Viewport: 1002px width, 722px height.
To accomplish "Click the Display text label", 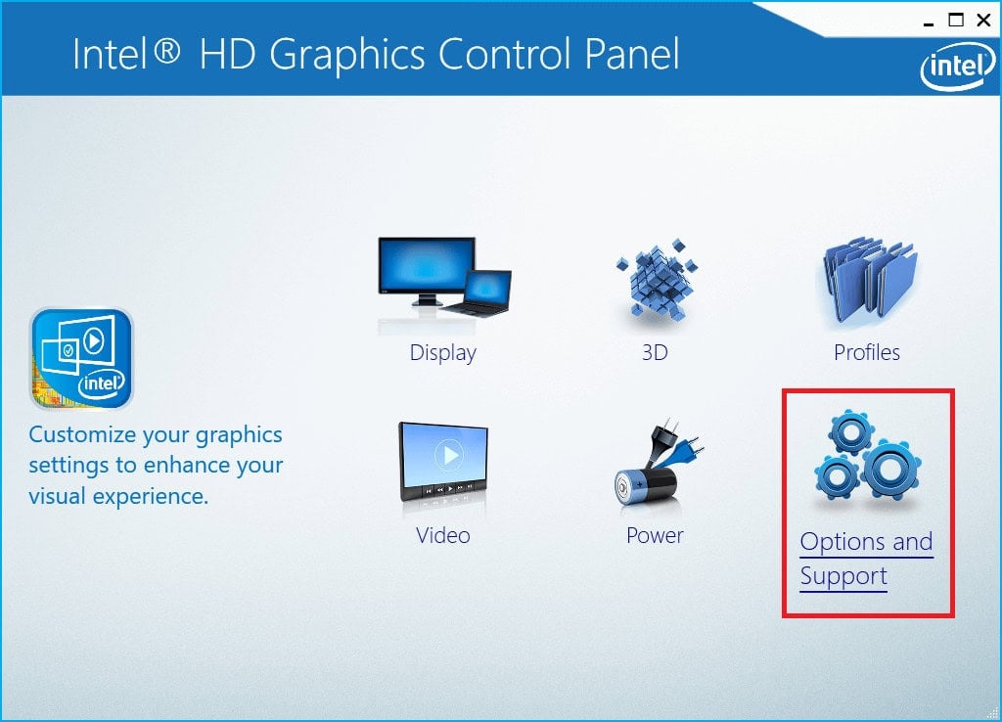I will pos(443,352).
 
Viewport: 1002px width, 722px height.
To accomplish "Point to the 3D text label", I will pos(655,352).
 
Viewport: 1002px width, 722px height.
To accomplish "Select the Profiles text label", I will pos(867,352).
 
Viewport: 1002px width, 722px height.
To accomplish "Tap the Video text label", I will pos(443,535).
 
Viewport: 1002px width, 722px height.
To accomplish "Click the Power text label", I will pos(655,535).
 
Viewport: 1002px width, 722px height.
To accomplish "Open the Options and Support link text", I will pos(866,558).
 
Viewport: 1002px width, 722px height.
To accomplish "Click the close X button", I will pos(982,20).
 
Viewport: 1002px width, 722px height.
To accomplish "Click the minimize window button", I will pos(927,20).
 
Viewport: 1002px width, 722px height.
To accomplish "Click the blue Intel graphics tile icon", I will pos(81,358).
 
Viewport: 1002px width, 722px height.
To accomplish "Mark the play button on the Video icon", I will pos(448,455).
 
